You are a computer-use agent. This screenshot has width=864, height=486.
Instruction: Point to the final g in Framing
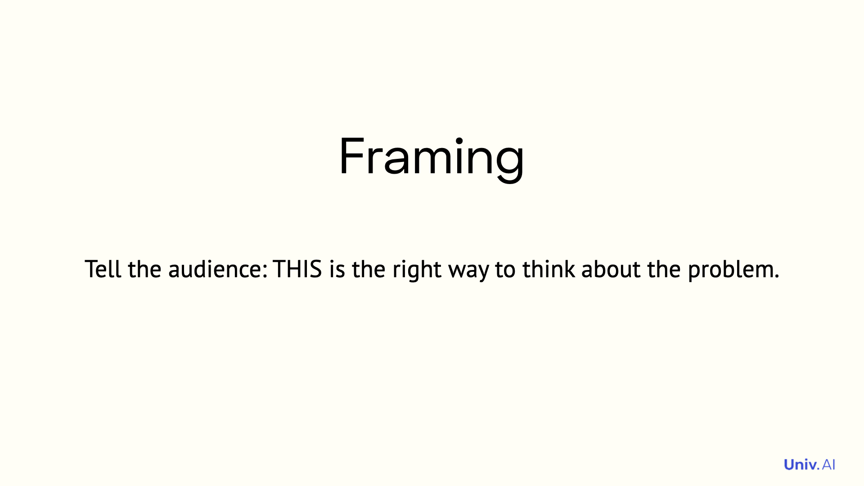tap(509, 165)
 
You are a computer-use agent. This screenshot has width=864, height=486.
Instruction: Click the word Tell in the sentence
tap(103, 269)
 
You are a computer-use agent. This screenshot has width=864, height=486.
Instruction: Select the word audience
tap(216, 269)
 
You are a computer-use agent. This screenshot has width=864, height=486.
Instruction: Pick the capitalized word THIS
tap(297, 269)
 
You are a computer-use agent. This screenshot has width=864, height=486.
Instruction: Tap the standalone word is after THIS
tap(337, 269)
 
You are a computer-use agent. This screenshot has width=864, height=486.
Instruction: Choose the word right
tap(417, 270)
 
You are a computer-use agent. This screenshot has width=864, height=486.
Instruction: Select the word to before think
tap(505, 270)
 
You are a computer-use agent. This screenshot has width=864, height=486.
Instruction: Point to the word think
tap(549, 269)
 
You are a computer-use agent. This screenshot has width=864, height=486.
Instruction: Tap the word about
tap(611, 269)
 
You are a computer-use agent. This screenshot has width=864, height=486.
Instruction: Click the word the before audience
tap(144, 269)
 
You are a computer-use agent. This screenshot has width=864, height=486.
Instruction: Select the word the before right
tap(369, 269)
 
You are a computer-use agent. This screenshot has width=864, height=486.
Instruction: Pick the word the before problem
tap(664, 269)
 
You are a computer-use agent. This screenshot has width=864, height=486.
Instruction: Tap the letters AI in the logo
tap(828, 464)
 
